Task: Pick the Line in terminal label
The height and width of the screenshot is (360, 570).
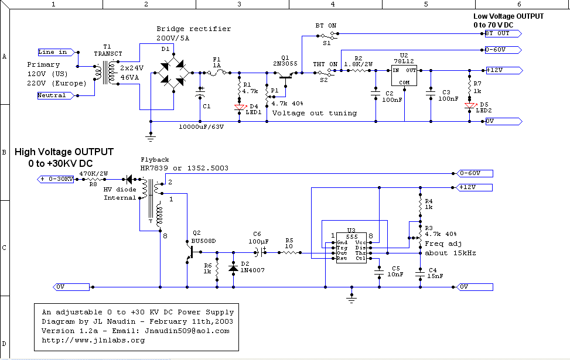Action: click(53, 52)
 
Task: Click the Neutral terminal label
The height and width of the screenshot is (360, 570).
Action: click(52, 95)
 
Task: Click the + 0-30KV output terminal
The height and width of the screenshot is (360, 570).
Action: click(57, 179)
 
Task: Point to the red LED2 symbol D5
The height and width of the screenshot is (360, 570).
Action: click(469, 105)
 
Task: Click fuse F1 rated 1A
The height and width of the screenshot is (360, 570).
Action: click(216, 73)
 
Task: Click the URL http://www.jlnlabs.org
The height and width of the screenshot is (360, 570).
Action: click(93, 340)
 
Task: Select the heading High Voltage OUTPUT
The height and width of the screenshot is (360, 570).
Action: click(64, 152)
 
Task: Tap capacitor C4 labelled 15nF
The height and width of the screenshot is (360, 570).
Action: click(419, 273)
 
